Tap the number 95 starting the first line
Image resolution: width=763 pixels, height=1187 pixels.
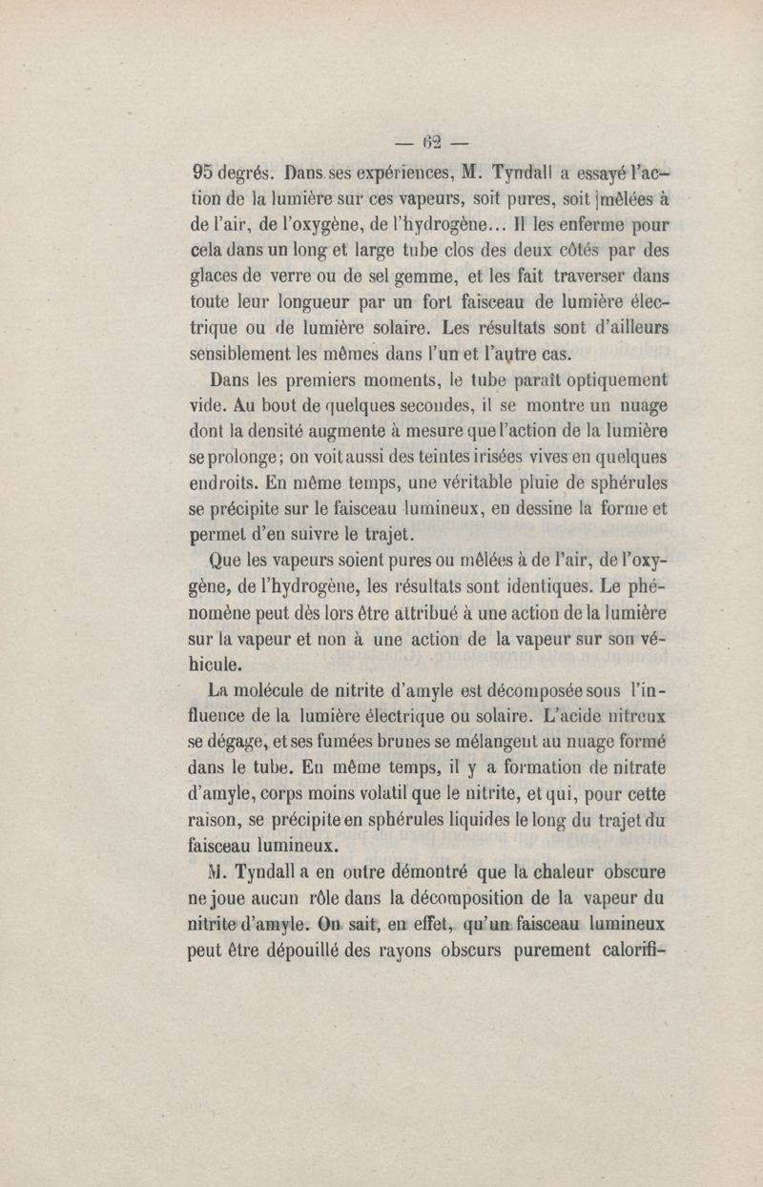[201, 175]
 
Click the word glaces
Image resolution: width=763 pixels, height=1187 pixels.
[214, 277]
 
